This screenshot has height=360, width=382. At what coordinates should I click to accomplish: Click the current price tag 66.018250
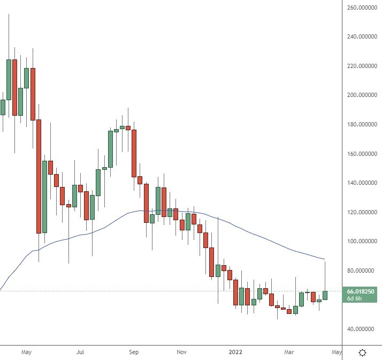coord(361,291)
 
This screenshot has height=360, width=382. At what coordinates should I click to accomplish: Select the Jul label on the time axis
coord(80,352)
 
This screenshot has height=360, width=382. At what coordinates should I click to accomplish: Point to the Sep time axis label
coord(134,352)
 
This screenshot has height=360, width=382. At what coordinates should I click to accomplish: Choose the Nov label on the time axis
coord(181,352)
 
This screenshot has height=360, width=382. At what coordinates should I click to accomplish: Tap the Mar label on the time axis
coord(289,352)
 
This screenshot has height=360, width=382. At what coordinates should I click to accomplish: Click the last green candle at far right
coord(325,295)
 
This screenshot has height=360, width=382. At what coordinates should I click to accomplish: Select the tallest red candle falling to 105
coord(39,177)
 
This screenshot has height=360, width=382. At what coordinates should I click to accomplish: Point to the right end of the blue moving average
coord(324,259)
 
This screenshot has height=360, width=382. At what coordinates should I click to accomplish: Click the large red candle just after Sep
coord(134,153)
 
